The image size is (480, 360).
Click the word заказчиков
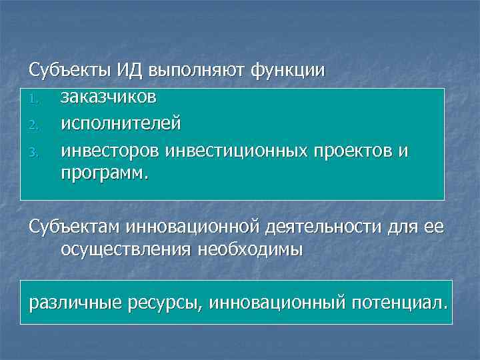109,97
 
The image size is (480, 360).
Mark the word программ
106,174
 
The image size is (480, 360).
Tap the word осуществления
127,250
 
